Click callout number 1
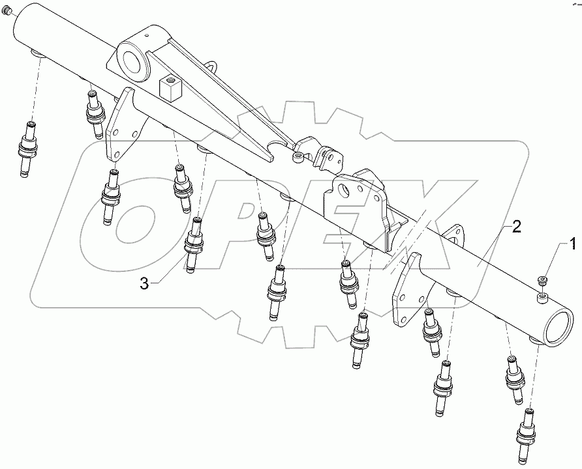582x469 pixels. (x=572, y=245)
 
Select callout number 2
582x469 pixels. (x=515, y=227)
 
